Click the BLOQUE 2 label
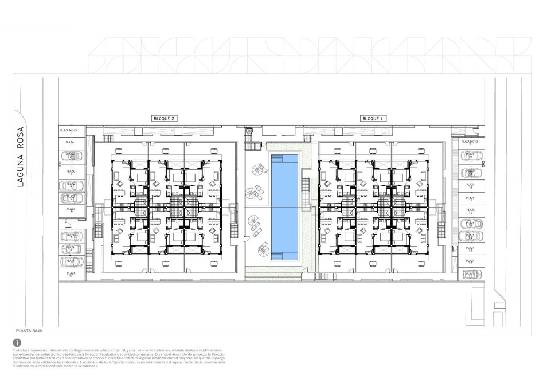click(164, 118)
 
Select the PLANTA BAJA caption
click(29, 331)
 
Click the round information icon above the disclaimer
click(18, 342)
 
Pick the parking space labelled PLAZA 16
click(470, 211)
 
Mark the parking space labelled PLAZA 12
click(470, 261)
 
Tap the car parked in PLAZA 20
click(470, 157)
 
